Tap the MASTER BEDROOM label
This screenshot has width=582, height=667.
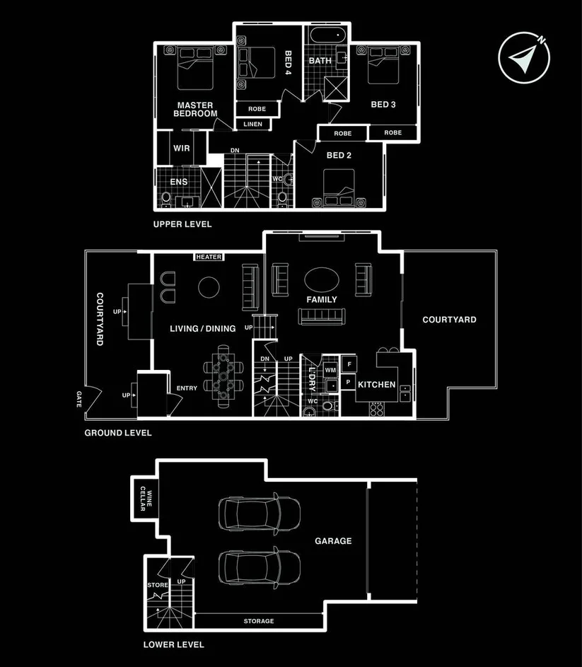196,110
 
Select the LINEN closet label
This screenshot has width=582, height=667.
252,124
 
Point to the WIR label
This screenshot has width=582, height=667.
182,149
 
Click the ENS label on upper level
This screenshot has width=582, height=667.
178,182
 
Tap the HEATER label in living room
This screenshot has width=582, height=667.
209,257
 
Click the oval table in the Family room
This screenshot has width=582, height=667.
321,279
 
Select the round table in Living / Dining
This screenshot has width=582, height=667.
209,287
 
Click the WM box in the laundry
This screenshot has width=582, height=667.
330,370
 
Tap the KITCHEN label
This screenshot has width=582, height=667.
376,385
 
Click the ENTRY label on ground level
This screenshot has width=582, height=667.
187,388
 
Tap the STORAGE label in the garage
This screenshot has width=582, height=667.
259,621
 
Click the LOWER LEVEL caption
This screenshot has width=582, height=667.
173,644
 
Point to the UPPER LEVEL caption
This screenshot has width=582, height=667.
182,224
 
